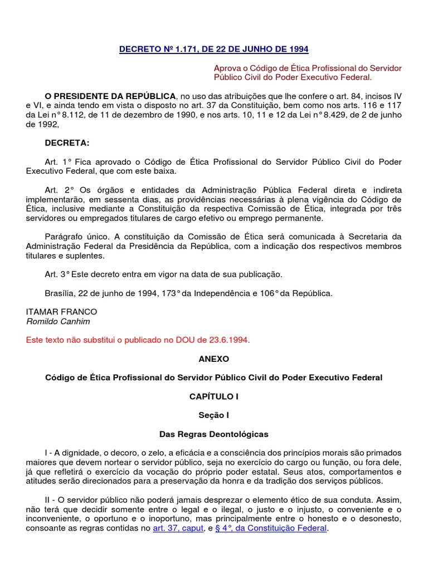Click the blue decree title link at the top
coord(213,49)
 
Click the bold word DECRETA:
coord(67,143)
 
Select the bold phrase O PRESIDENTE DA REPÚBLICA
coord(110,96)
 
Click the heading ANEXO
coord(213,359)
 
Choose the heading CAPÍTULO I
coord(213,396)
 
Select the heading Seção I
coord(213,415)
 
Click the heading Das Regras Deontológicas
coord(213,434)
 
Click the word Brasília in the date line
coord(62,293)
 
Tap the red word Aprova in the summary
coord(226,68)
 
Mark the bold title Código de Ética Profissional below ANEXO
coord(213,377)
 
